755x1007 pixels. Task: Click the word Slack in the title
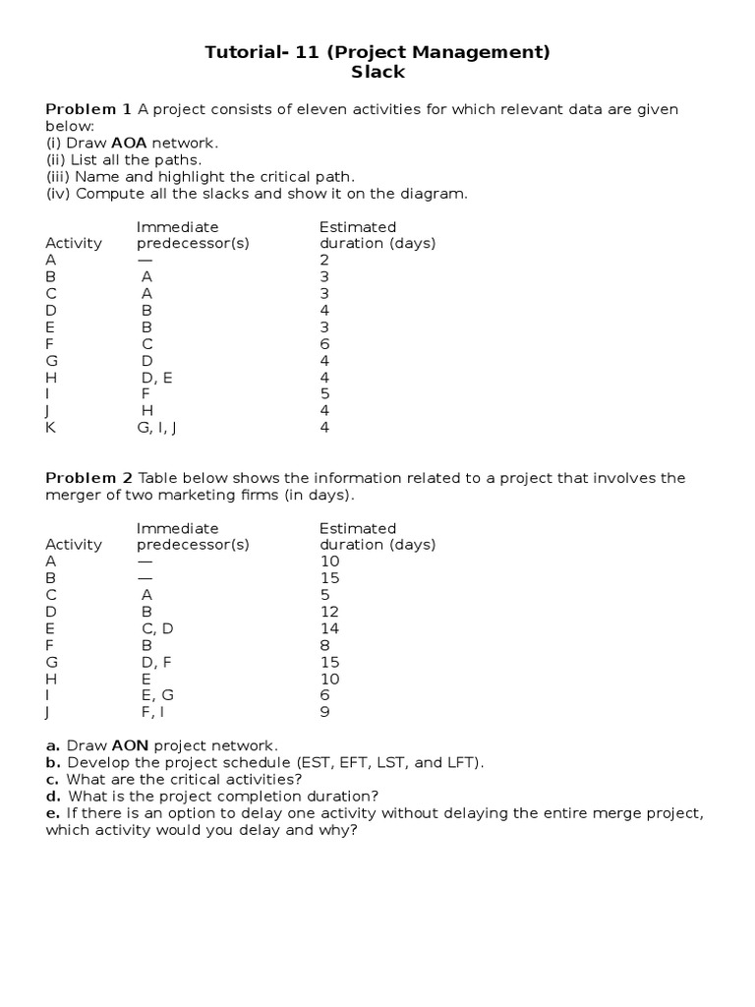(x=377, y=72)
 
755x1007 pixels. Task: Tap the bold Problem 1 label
(x=88, y=109)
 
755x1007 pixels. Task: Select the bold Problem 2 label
(x=88, y=478)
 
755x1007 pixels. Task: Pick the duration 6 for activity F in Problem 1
(x=324, y=344)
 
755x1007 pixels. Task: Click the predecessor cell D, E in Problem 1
(x=156, y=378)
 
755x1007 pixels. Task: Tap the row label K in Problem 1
(x=50, y=428)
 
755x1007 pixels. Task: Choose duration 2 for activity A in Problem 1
(x=324, y=261)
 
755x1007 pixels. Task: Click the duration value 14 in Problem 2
(x=329, y=627)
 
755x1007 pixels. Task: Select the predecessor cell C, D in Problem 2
(x=157, y=627)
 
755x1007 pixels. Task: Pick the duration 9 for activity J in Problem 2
(x=324, y=711)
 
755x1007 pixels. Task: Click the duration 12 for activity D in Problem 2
(x=329, y=611)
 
